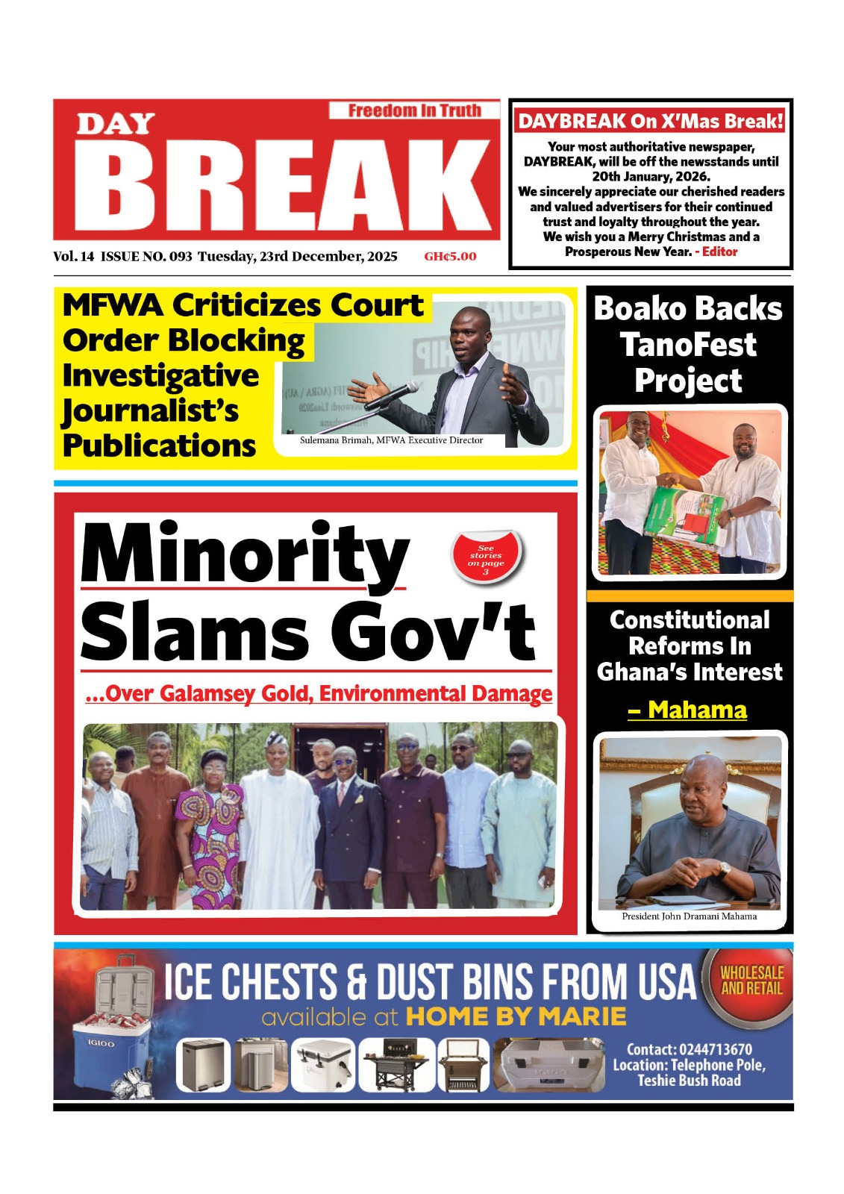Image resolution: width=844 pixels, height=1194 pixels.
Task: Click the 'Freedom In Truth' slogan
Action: pos(414,110)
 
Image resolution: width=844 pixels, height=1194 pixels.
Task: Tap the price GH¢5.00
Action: pos(450,257)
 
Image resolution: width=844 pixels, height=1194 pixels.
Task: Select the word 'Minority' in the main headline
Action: pos(245,554)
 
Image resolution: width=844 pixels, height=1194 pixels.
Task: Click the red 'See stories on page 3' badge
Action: pos(487,558)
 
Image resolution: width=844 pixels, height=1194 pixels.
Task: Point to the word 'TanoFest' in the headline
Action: pos(688,345)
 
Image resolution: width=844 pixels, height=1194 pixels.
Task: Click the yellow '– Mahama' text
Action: pos(688,710)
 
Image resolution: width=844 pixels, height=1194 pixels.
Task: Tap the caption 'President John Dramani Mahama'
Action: pos(689,916)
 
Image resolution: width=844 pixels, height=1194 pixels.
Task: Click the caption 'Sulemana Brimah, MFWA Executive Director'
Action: pos(391,440)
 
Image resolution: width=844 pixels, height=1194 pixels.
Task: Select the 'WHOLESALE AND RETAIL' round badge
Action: pos(751,981)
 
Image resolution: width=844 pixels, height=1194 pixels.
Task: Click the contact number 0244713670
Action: pos(715,1049)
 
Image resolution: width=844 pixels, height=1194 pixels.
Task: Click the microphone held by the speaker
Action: pos(393,396)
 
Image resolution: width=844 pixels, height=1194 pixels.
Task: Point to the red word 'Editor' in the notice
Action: pos(719,251)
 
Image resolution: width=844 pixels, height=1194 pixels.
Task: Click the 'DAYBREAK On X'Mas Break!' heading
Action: pos(651,121)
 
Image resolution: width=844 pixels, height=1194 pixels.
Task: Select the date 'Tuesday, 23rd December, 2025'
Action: pos(297,257)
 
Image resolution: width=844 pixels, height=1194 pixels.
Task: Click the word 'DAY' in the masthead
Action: pos(116,124)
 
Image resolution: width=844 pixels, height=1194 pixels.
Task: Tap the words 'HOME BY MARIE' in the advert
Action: pos(516,1016)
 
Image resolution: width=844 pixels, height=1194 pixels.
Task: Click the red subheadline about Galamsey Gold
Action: pos(319,694)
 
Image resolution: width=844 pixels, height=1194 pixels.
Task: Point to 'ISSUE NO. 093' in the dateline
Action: pos(146,257)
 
